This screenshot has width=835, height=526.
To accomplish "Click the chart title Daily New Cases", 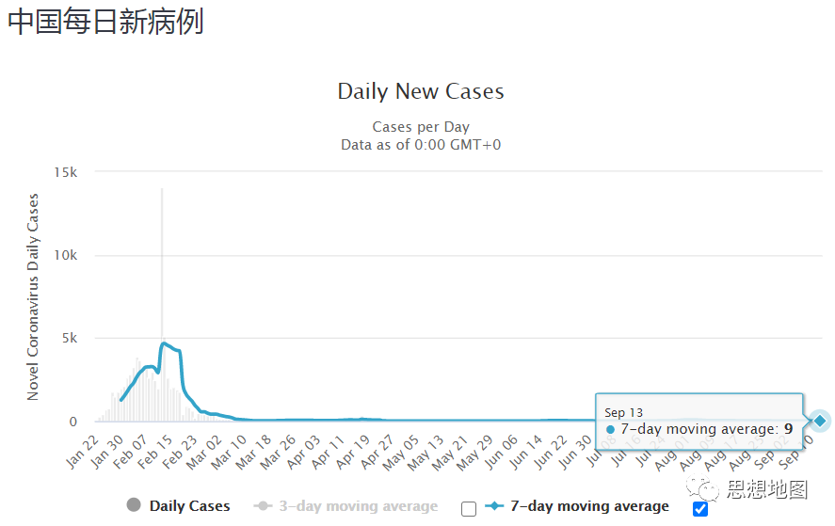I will [x=421, y=91].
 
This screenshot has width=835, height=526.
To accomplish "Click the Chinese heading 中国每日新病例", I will [x=105, y=22].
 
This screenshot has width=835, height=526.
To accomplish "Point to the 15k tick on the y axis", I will [x=66, y=172].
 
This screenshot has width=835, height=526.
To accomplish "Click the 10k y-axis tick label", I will [x=66, y=255].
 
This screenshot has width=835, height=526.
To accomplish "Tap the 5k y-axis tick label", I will [x=69, y=338].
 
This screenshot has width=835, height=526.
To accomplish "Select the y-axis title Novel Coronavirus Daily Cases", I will [x=33, y=296].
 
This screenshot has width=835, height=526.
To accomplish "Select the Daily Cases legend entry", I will [x=178, y=506].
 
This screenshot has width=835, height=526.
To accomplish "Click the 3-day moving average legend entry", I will [x=346, y=506].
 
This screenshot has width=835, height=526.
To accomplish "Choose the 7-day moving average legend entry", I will [x=577, y=506].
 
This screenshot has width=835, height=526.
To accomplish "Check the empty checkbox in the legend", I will [x=469, y=509].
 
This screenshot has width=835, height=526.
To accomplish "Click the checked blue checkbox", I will [x=699, y=509].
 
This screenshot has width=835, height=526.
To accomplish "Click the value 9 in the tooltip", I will [x=788, y=429].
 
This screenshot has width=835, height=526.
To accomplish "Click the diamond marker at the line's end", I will [x=820, y=421].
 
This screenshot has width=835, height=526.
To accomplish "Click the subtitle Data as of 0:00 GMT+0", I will [x=421, y=144].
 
